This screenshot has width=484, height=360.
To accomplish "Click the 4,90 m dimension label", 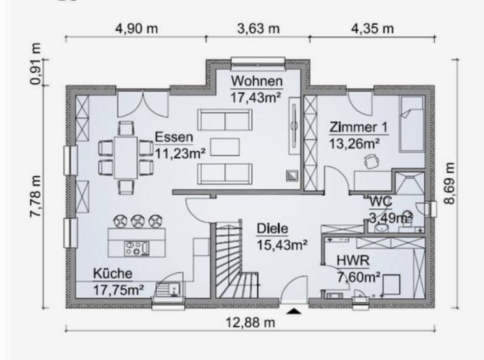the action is [136, 29].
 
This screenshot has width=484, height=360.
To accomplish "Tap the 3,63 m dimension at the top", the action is [258, 29].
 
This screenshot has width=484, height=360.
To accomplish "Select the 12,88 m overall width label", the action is [250, 322].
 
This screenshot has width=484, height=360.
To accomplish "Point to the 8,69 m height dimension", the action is [449, 183].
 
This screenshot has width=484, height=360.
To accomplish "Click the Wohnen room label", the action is [257, 81].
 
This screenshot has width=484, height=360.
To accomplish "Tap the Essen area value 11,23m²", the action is [180, 153].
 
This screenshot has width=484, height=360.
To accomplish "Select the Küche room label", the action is [113, 273].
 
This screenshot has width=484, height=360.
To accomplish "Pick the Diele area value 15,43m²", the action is [282, 245].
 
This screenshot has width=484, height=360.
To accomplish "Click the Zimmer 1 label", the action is [358, 127].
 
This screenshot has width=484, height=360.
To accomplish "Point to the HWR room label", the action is [353, 261].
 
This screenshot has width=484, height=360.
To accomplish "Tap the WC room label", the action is [381, 201].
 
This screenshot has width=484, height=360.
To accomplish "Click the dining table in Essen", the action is [126, 158].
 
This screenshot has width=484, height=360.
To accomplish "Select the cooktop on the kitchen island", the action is [137, 249].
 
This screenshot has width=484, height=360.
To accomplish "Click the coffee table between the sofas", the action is [225, 147].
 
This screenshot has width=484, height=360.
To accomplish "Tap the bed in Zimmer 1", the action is [411, 124].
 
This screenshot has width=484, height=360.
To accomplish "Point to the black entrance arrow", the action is [293, 311].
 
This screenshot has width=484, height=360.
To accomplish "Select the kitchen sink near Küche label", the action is [168, 290].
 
